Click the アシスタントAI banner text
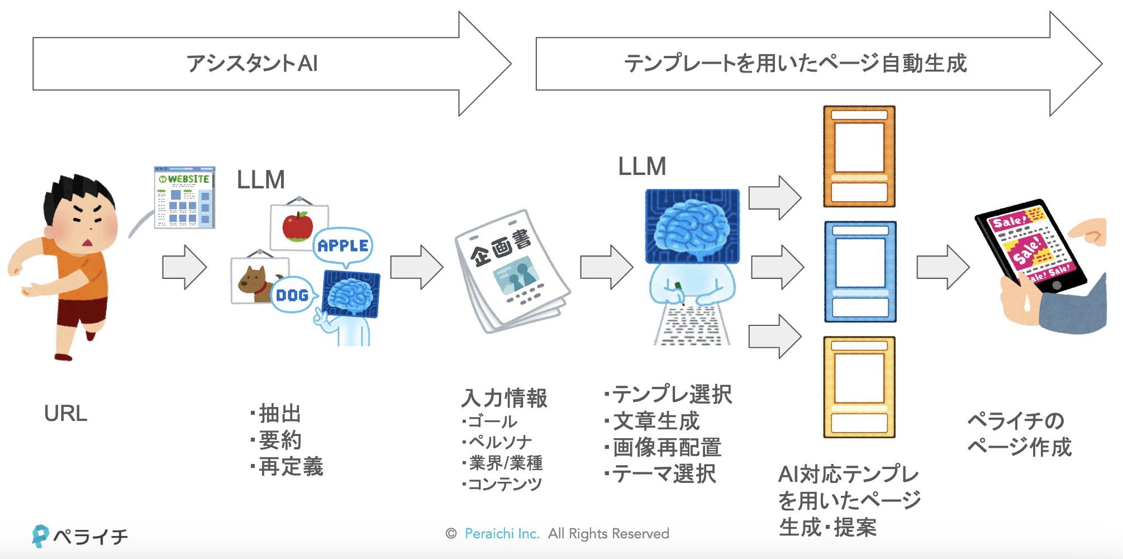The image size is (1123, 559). click(252, 63)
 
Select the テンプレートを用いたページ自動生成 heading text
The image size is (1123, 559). click(795, 63)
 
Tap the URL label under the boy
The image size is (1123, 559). click(65, 414)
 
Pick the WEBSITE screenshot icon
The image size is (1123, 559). click(184, 197)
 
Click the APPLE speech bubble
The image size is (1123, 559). click(342, 245)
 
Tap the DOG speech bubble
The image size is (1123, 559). click(292, 295)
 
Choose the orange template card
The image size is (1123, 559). click(859, 157)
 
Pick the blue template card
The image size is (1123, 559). click(860, 272)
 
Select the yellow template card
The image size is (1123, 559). click(859, 387)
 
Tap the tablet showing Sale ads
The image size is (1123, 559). click(1031, 246)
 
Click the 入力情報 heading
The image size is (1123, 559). click(504, 398)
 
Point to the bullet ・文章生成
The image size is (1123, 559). click(653, 421)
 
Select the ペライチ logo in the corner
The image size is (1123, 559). click(80, 536)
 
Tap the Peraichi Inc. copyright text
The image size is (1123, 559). click(502, 534)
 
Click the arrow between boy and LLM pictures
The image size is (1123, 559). click(184, 267)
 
